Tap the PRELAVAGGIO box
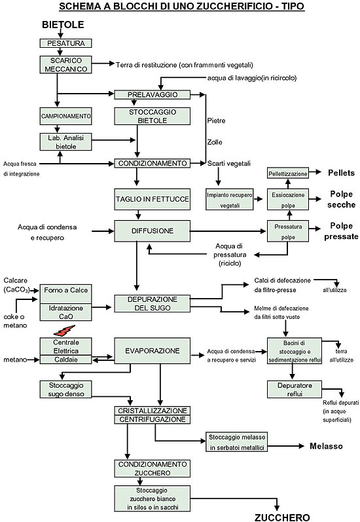[153, 94]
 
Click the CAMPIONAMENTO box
[64, 116]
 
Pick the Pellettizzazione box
[287, 173]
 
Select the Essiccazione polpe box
[287, 200]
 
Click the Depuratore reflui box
[292, 389]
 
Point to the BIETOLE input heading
[63, 25]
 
